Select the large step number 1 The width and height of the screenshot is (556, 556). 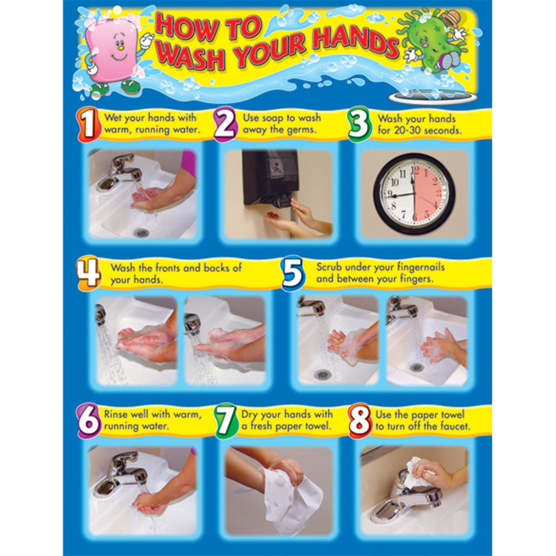pyautogui.click(x=88, y=125)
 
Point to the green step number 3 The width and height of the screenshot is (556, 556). pyautogui.click(x=359, y=125)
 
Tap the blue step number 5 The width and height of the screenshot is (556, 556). pyautogui.click(x=293, y=273)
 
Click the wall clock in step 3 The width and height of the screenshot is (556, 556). pyautogui.click(x=414, y=193)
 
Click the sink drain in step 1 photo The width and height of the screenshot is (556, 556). pyautogui.click(x=142, y=232)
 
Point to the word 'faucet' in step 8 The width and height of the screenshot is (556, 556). pyautogui.click(x=453, y=426)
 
